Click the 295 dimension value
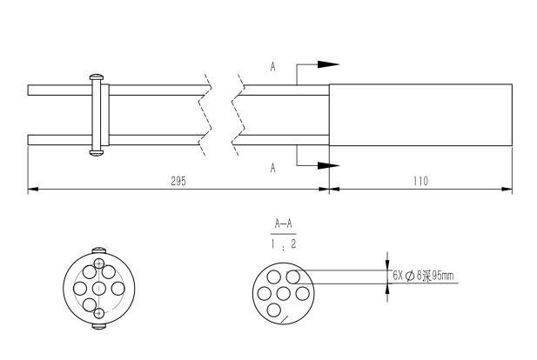click(x=178, y=182)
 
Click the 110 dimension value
click(x=421, y=182)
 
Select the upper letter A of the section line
click(x=273, y=66)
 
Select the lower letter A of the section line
click(x=273, y=167)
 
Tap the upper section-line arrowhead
click(x=326, y=64)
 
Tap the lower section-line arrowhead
click(x=326, y=165)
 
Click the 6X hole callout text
click(x=424, y=277)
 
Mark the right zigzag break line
click(x=238, y=116)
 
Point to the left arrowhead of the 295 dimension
click(x=32, y=189)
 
